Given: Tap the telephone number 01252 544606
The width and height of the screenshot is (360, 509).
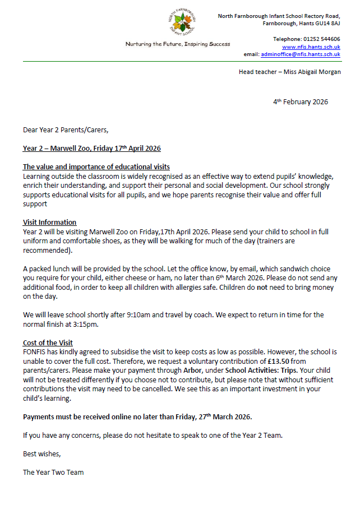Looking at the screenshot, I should click(x=321, y=39).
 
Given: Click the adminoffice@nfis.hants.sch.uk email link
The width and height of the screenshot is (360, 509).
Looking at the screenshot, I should click(x=301, y=54).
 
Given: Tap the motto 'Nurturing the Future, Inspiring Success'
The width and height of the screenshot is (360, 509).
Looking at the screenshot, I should click(x=177, y=44).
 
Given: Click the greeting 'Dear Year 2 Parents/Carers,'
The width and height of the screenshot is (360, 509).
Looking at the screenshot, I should click(x=66, y=130).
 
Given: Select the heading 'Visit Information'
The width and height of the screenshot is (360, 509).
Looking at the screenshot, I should click(x=49, y=223).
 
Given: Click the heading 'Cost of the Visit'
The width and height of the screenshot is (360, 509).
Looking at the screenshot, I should click(x=48, y=343).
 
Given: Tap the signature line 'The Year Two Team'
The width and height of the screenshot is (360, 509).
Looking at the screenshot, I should click(x=53, y=472).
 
